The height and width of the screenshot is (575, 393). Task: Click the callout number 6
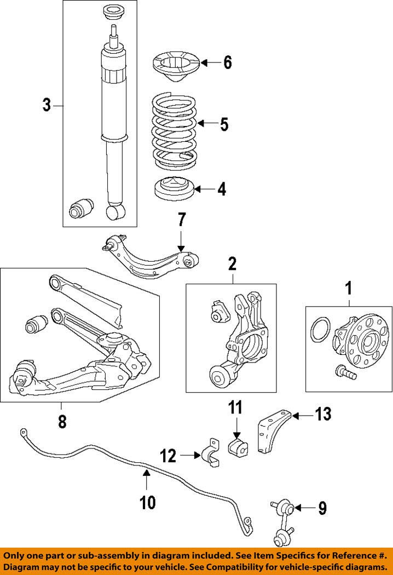click(228, 62)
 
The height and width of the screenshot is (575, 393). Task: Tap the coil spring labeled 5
click(174, 130)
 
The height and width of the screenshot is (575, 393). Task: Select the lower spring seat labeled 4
click(174, 188)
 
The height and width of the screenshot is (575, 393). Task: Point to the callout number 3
click(47, 105)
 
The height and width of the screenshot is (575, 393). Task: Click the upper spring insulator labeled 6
click(176, 67)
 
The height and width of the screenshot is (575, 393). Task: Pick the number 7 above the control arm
click(182, 219)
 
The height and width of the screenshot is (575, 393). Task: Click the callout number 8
click(62, 421)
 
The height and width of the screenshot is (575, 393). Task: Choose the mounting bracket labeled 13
click(274, 432)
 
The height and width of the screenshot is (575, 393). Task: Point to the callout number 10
click(147, 502)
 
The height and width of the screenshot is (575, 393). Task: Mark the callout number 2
click(233, 263)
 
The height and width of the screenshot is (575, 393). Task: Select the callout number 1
click(349, 289)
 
